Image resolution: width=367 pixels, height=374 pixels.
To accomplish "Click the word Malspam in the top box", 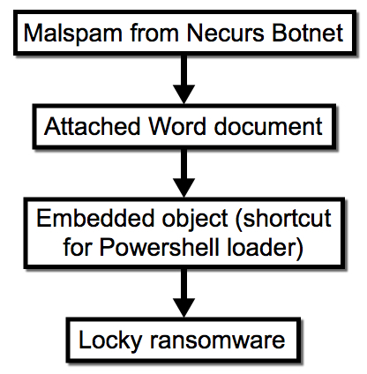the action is coord(73,34).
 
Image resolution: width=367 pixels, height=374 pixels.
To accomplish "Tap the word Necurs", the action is coord(225,33).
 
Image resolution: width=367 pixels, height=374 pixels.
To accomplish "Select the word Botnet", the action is coord(307,33).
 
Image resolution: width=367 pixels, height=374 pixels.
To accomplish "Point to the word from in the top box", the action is coord(154,33).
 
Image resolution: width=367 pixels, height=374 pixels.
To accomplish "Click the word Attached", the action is coord(92,126).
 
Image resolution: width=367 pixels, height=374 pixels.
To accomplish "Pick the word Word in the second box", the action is coord(177,126).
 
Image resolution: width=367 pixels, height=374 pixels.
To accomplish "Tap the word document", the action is coord(268,126).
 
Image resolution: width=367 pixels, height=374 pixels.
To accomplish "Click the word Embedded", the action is coord(95,218).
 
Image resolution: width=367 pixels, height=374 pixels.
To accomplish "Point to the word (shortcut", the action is coord(283,220).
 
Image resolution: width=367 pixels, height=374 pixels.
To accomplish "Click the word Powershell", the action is coord(160,247).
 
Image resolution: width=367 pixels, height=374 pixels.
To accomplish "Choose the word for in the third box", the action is coord(78,247).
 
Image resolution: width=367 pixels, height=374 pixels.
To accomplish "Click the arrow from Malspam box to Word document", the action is coord(183,79).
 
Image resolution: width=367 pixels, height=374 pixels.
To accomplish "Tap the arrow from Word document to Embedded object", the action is coord(183,173).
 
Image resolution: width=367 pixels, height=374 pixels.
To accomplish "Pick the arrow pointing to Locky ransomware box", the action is coord(183,293).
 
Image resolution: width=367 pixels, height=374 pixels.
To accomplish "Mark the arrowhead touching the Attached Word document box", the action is coord(183,94).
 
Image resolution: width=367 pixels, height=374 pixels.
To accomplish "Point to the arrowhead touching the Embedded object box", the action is coord(183,188).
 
